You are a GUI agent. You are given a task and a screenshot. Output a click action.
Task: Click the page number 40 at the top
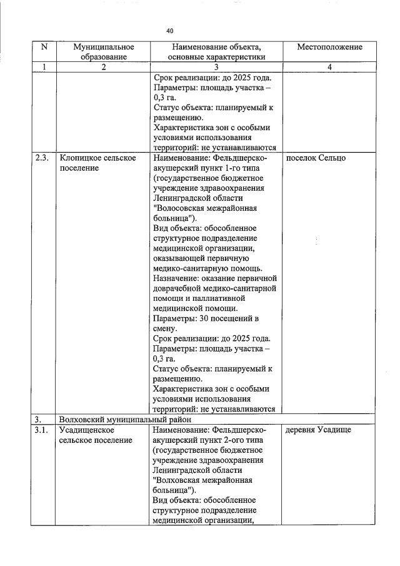[170, 31]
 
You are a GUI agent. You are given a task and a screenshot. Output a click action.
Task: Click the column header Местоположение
[329, 48]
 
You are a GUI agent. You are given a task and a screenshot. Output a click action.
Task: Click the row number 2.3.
[42, 158]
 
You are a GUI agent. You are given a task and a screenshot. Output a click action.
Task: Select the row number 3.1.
[42, 430]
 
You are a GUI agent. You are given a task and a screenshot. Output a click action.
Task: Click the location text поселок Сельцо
[316, 158]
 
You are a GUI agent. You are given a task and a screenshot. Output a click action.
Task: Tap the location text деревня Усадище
[318, 430]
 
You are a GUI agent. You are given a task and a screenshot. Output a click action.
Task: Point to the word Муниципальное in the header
[103, 47]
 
